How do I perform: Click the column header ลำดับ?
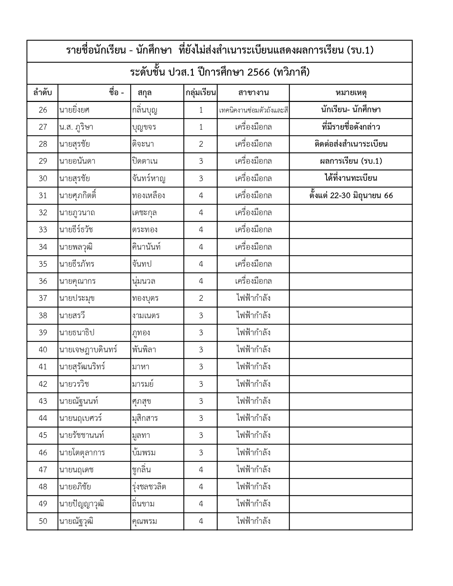43,93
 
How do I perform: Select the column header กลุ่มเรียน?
201,93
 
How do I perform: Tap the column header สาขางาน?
253,93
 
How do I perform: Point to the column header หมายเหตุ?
351,93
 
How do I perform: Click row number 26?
43,110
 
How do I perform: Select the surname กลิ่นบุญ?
145,110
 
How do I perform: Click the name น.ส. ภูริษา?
76,127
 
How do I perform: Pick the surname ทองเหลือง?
149,196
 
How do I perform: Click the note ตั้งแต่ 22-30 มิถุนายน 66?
351,196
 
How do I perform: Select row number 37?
43,298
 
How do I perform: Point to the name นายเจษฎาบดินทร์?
88,350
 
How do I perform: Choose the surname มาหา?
141,367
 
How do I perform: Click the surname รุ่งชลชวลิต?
149,487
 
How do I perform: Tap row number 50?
43,521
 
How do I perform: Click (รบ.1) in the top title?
360,50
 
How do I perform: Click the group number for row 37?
201,298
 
